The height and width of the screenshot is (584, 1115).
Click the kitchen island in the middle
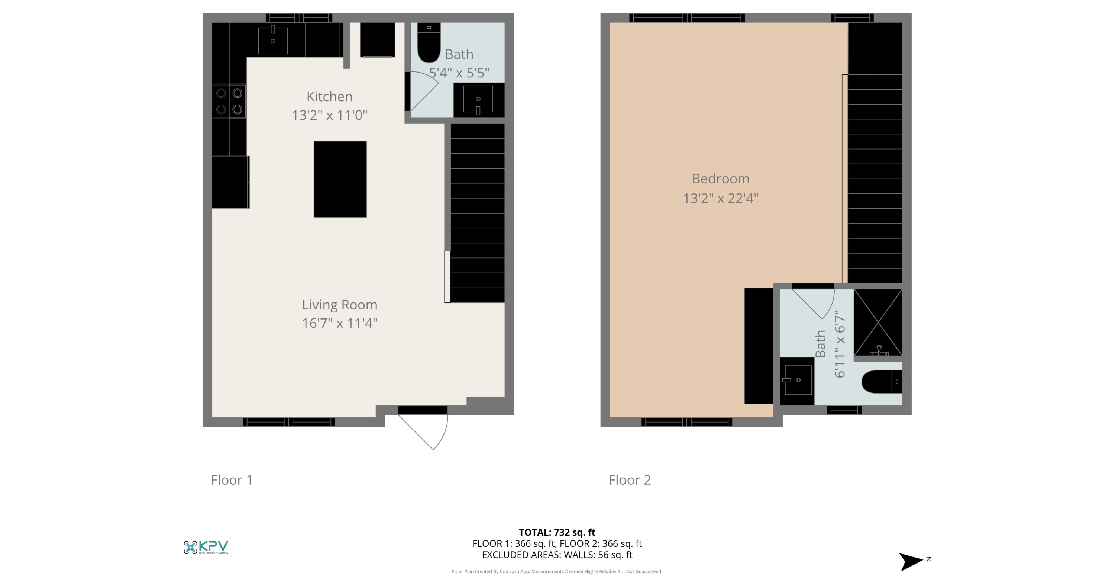(x=340, y=179)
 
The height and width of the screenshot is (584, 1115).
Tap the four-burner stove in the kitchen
(x=229, y=101)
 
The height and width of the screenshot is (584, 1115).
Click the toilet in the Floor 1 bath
(x=429, y=45)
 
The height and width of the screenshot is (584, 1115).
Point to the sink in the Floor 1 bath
(x=478, y=100)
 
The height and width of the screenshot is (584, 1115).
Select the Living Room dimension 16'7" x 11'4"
(x=340, y=323)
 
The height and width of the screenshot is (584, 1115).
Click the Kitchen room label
(x=329, y=96)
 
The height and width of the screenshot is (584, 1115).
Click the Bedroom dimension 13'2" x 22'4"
(x=721, y=198)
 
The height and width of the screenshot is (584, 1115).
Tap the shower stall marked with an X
(x=878, y=323)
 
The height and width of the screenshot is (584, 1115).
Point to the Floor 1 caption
(x=232, y=479)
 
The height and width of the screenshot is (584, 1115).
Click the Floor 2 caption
(x=630, y=479)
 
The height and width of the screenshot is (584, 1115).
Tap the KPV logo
(x=206, y=547)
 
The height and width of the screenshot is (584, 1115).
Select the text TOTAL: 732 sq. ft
(x=557, y=532)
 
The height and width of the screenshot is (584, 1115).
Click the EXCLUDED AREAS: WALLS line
(x=557, y=555)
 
